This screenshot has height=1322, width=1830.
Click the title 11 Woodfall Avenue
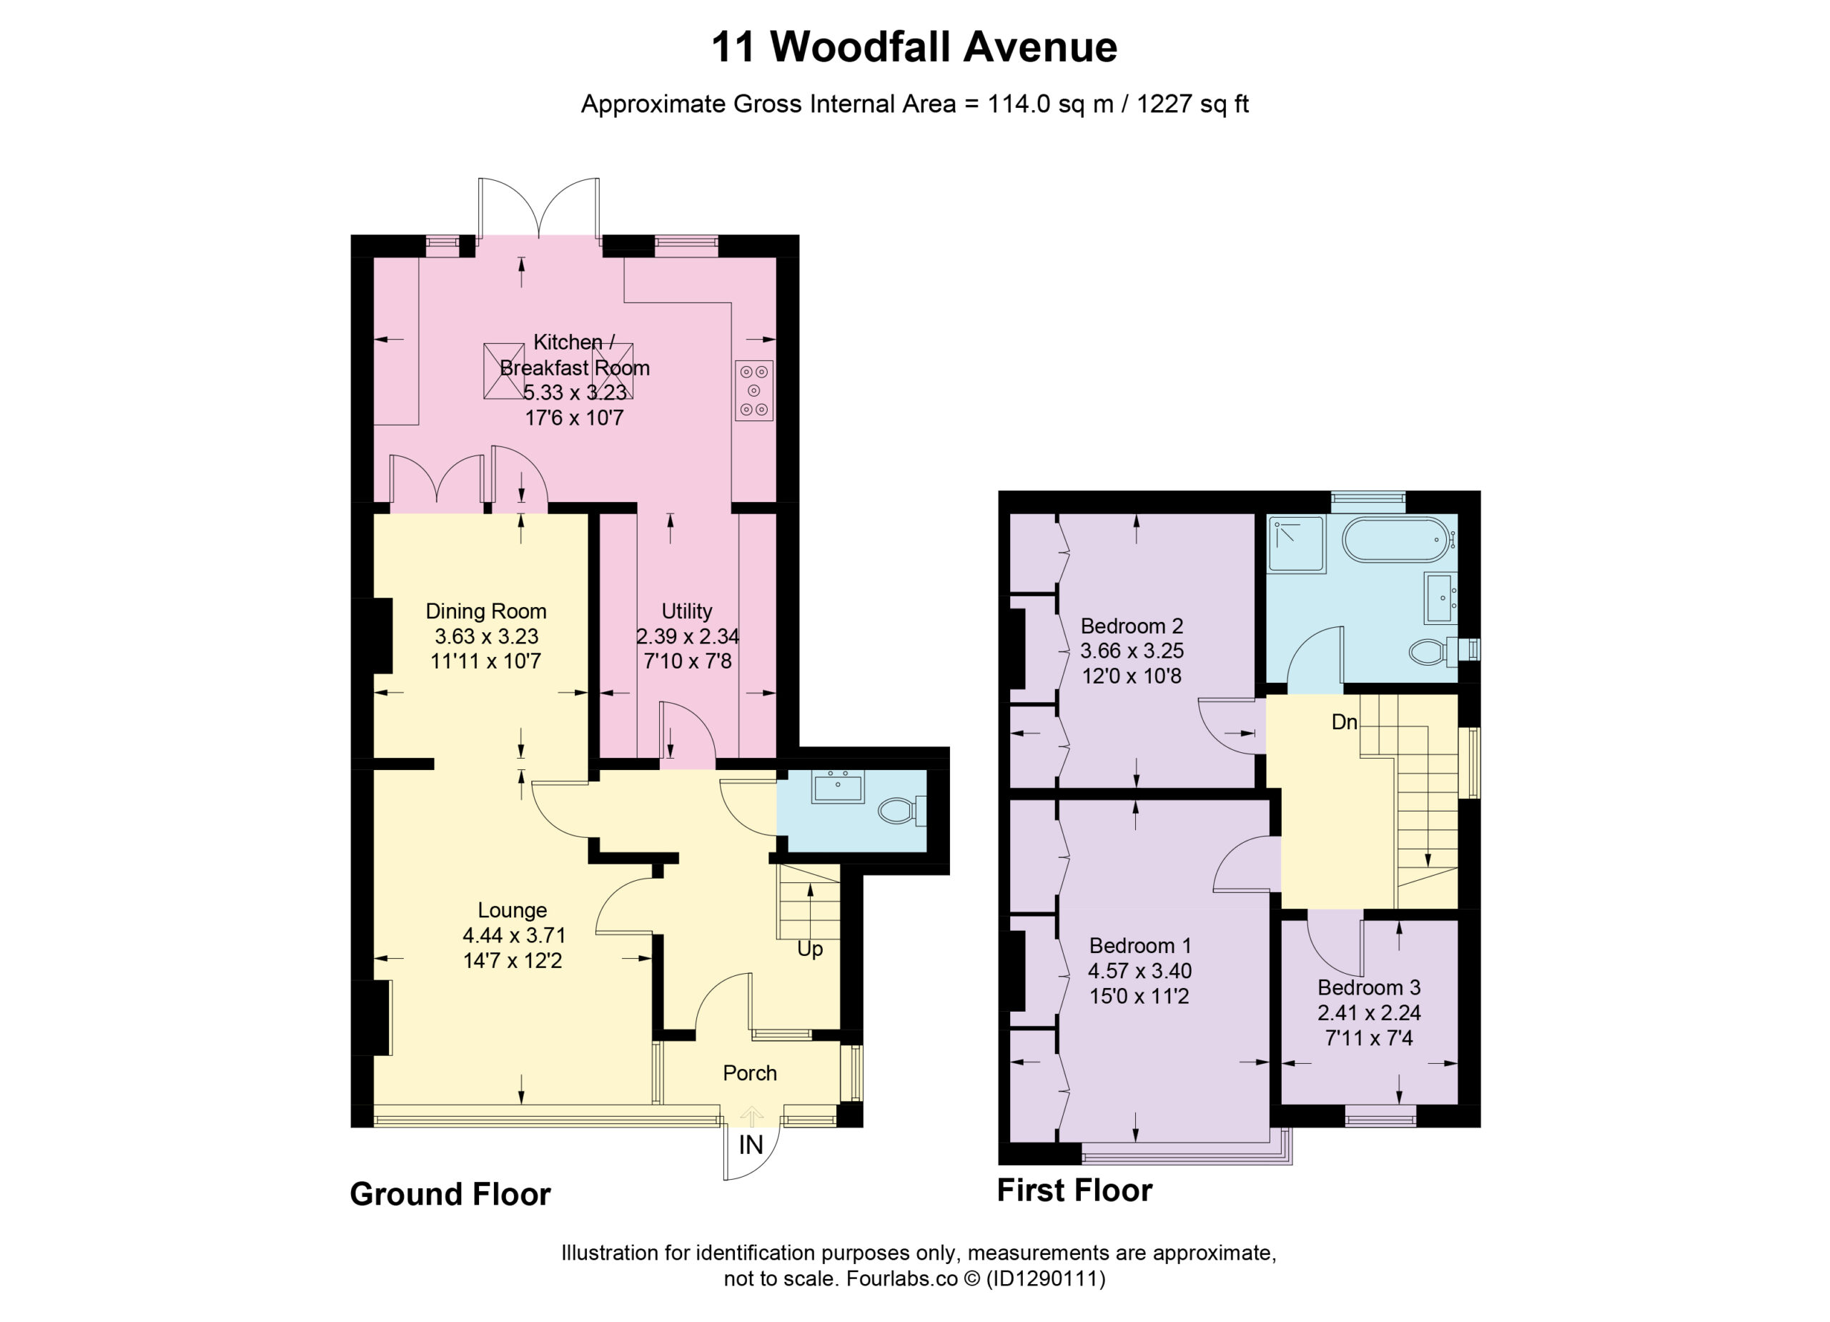(914, 46)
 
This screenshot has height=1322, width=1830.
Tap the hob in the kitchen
(753, 390)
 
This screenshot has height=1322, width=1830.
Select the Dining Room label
(486, 611)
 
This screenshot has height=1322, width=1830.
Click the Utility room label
(687, 611)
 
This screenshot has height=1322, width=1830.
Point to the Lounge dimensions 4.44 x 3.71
(513, 935)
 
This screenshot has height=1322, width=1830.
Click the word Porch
(750, 1073)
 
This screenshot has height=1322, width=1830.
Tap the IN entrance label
(751, 1145)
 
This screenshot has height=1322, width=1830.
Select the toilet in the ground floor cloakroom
(901, 809)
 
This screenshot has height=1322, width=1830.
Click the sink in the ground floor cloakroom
(838, 786)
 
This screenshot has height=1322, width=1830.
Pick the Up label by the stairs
(810, 949)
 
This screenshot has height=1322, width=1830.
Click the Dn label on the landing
(1344, 722)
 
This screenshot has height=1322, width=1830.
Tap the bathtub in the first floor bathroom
(1398, 539)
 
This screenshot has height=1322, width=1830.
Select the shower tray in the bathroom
(1297, 545)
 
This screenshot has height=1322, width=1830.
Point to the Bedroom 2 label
(1132, 626)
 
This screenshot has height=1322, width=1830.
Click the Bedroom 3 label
(1369, 987)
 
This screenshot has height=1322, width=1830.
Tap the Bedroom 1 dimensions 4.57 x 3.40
(1139, 971)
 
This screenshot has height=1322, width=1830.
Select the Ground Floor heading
(450, 1194)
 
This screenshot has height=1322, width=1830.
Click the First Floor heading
(1074, 1190)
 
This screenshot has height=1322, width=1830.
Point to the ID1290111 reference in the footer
(1046, 1278)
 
